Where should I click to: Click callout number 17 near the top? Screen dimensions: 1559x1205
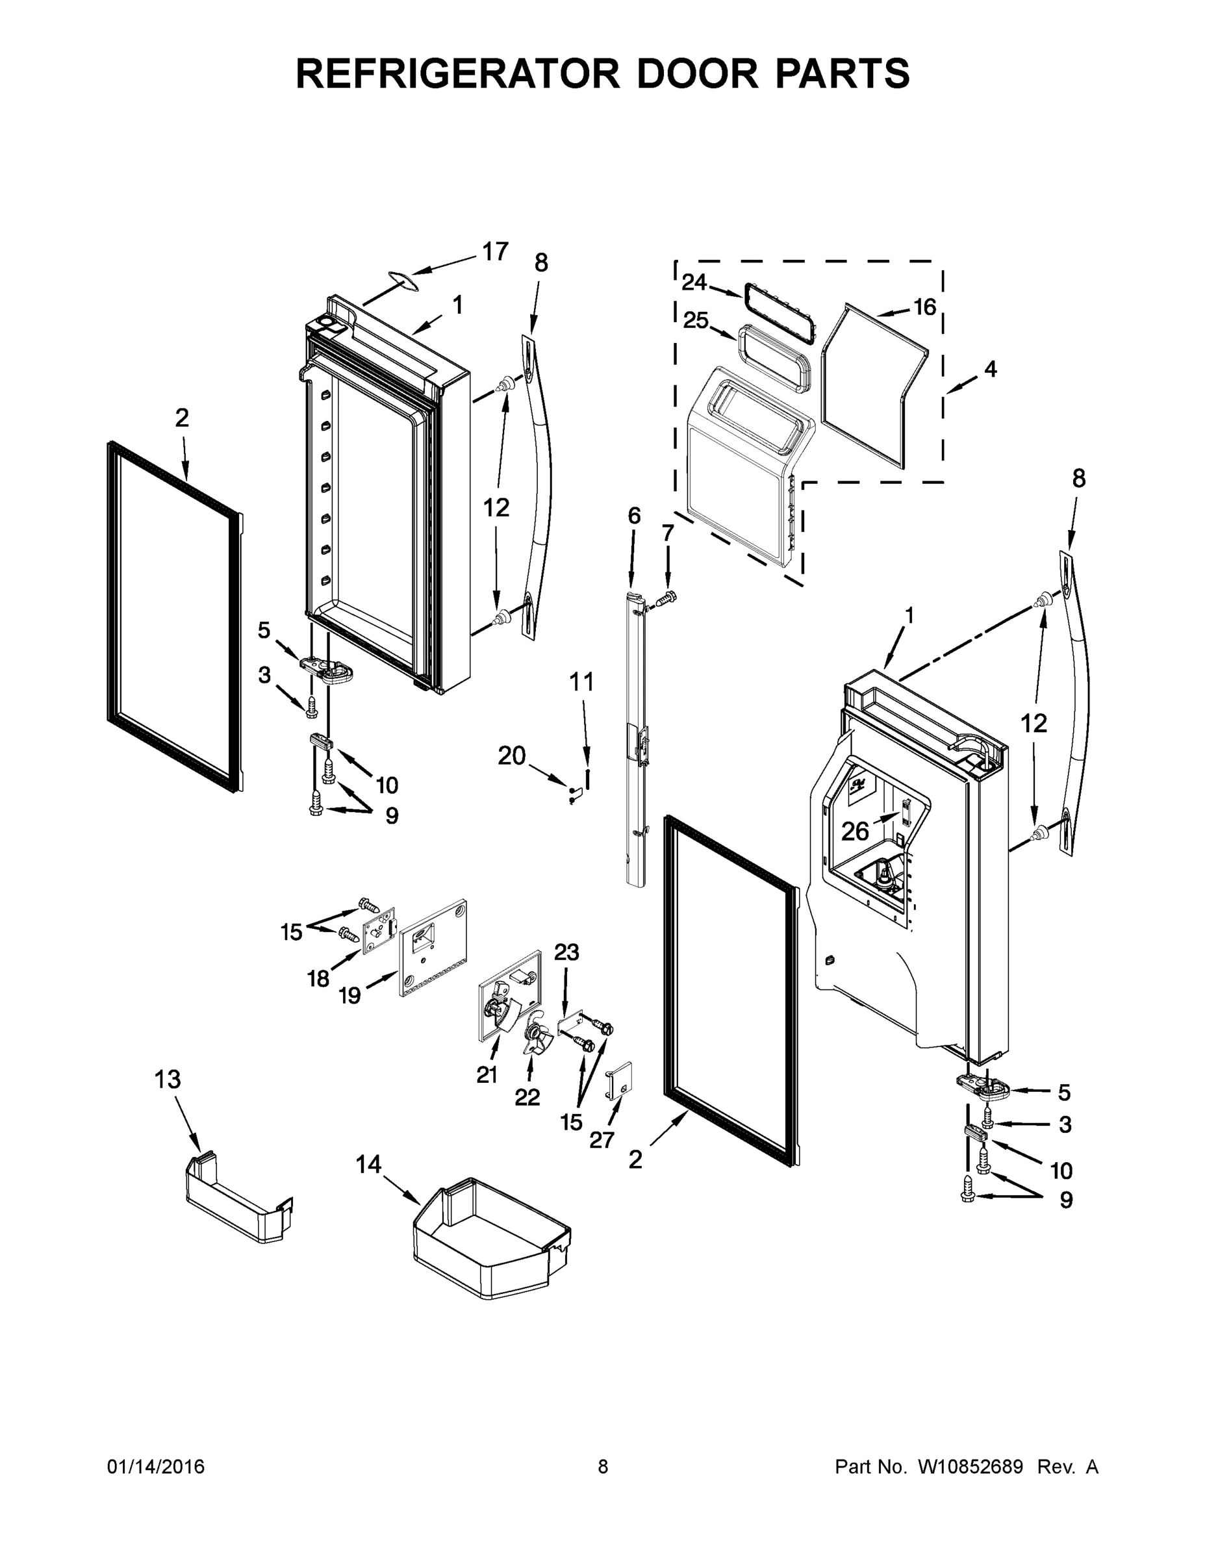pos(495,251)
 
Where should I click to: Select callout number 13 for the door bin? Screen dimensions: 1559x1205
pos(168,1080)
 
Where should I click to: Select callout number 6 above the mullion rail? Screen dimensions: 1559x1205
pos(634,515)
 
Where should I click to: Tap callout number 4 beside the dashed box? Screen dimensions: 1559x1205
pos(989,369)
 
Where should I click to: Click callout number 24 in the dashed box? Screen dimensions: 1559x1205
pos(693,283)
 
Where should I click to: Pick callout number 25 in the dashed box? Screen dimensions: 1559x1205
pos(695,320)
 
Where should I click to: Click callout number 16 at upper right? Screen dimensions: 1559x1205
pos(924,307)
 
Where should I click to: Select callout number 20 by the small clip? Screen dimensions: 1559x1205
pos(511,755)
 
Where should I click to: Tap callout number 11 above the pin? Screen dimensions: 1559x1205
pos(581,683)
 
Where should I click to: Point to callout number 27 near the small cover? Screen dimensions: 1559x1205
pos(602,1140)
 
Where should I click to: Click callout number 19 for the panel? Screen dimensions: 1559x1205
pos(349,995)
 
